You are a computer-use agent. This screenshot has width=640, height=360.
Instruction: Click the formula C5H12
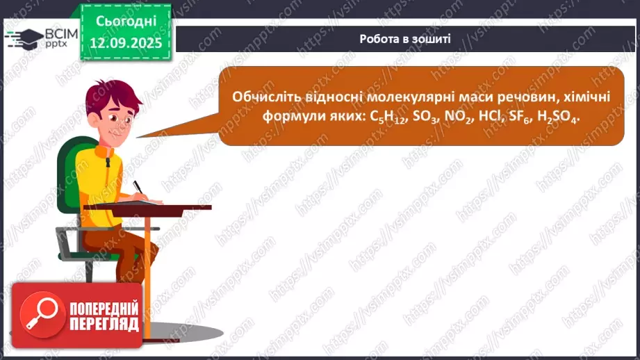click(x=385, y=118)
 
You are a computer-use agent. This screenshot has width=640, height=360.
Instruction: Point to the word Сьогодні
click(x=125, y=21)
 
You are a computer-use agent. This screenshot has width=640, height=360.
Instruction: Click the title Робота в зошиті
click(x=405, y=39)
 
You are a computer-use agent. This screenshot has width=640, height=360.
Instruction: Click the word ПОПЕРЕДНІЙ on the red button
click(x=104, y=309)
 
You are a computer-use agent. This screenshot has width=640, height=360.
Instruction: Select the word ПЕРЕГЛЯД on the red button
click(x=104, y=325)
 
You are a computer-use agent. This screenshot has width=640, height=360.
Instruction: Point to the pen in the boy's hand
click(x=138, y=187)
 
